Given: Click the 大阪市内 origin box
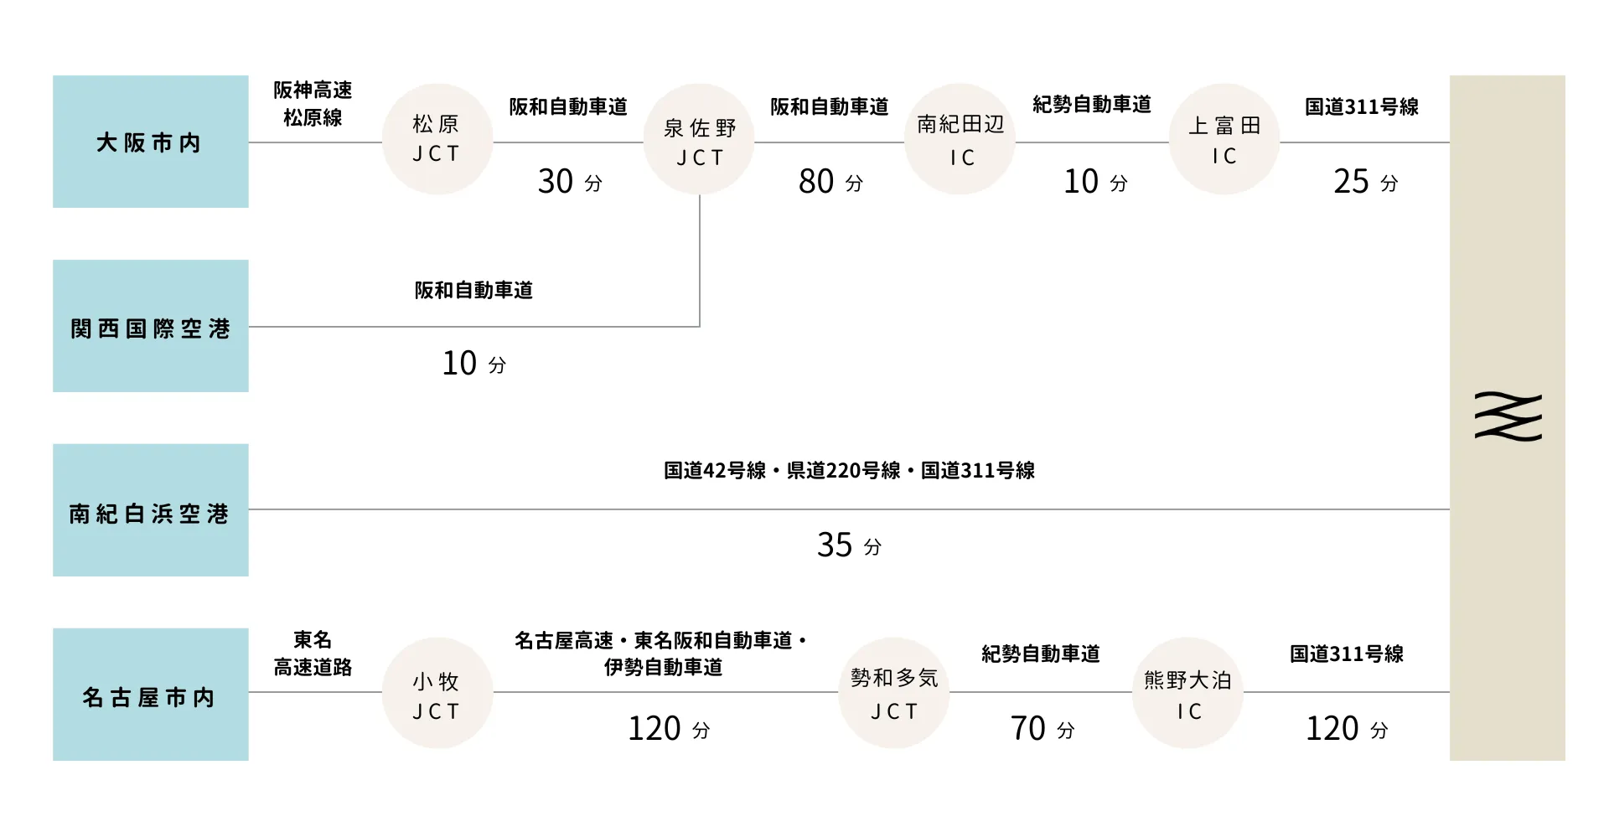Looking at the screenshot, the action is [151, 142].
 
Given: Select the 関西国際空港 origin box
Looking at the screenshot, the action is [151, 326].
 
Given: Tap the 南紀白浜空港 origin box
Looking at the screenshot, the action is [151, 510].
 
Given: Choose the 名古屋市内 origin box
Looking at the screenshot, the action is [151, 695].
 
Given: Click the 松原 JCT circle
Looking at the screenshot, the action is [437, 139].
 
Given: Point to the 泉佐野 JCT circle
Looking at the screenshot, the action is [699, 139].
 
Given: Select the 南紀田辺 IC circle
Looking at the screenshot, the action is [960, 139].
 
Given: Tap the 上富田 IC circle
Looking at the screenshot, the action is [1224, 139].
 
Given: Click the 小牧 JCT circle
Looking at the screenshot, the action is [437, 693].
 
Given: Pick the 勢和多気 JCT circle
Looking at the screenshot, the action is [894, 693].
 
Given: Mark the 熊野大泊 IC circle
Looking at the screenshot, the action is [1187, 693].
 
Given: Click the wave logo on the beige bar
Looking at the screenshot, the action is [1508, 416].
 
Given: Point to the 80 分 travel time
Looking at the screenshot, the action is [830, 181].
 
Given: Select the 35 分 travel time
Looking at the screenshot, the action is [849, 545].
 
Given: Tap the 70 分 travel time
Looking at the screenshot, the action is [1042, 728].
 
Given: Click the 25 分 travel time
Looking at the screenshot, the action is [1366, 181].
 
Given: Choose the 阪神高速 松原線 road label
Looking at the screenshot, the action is [313, 104].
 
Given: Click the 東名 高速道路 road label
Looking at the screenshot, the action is [313, 654].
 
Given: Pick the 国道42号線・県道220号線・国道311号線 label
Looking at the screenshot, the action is [849, 470].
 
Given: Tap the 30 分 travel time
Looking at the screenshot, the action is [570, 181].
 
